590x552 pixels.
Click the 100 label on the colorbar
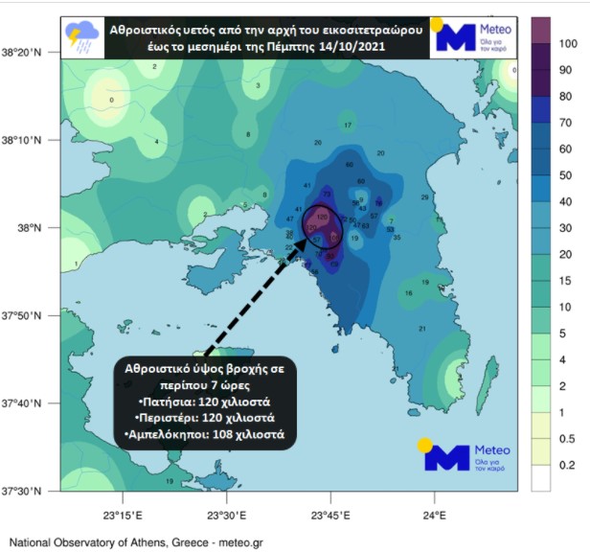tap(567, 44)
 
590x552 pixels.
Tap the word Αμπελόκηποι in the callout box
tap(182, 435)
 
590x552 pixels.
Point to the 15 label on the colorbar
tap(567, 280)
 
